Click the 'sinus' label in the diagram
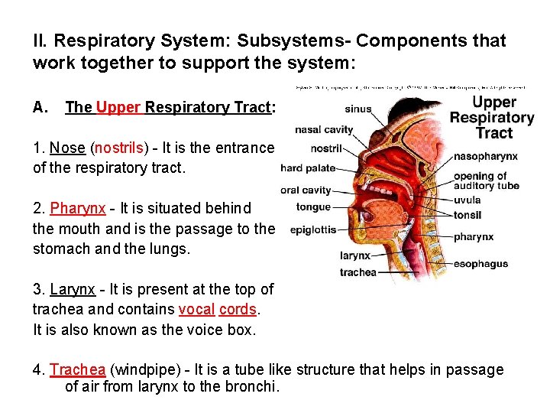(x=358, y=109)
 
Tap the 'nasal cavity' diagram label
(x=323, y=129)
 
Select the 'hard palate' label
(x=307, y=167)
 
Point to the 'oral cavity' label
(x=306, y=190)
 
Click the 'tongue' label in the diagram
(x=313, y=206)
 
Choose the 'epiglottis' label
(x=313, y=229)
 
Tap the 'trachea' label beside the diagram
(x=357, y=272)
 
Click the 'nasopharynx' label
(x=486, y=156)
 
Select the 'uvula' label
(x=467, y=200)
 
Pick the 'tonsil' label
(x=467, y=215)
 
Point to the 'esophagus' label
(x=480, y=264)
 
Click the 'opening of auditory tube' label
(x=486, y=180)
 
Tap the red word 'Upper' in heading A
(x=118, y=107)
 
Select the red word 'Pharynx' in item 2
(x=77, y=209)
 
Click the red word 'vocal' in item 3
(x=196, y=310)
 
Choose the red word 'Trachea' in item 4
(x=78, y=370)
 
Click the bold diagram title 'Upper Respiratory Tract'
(x=493, y=117)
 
